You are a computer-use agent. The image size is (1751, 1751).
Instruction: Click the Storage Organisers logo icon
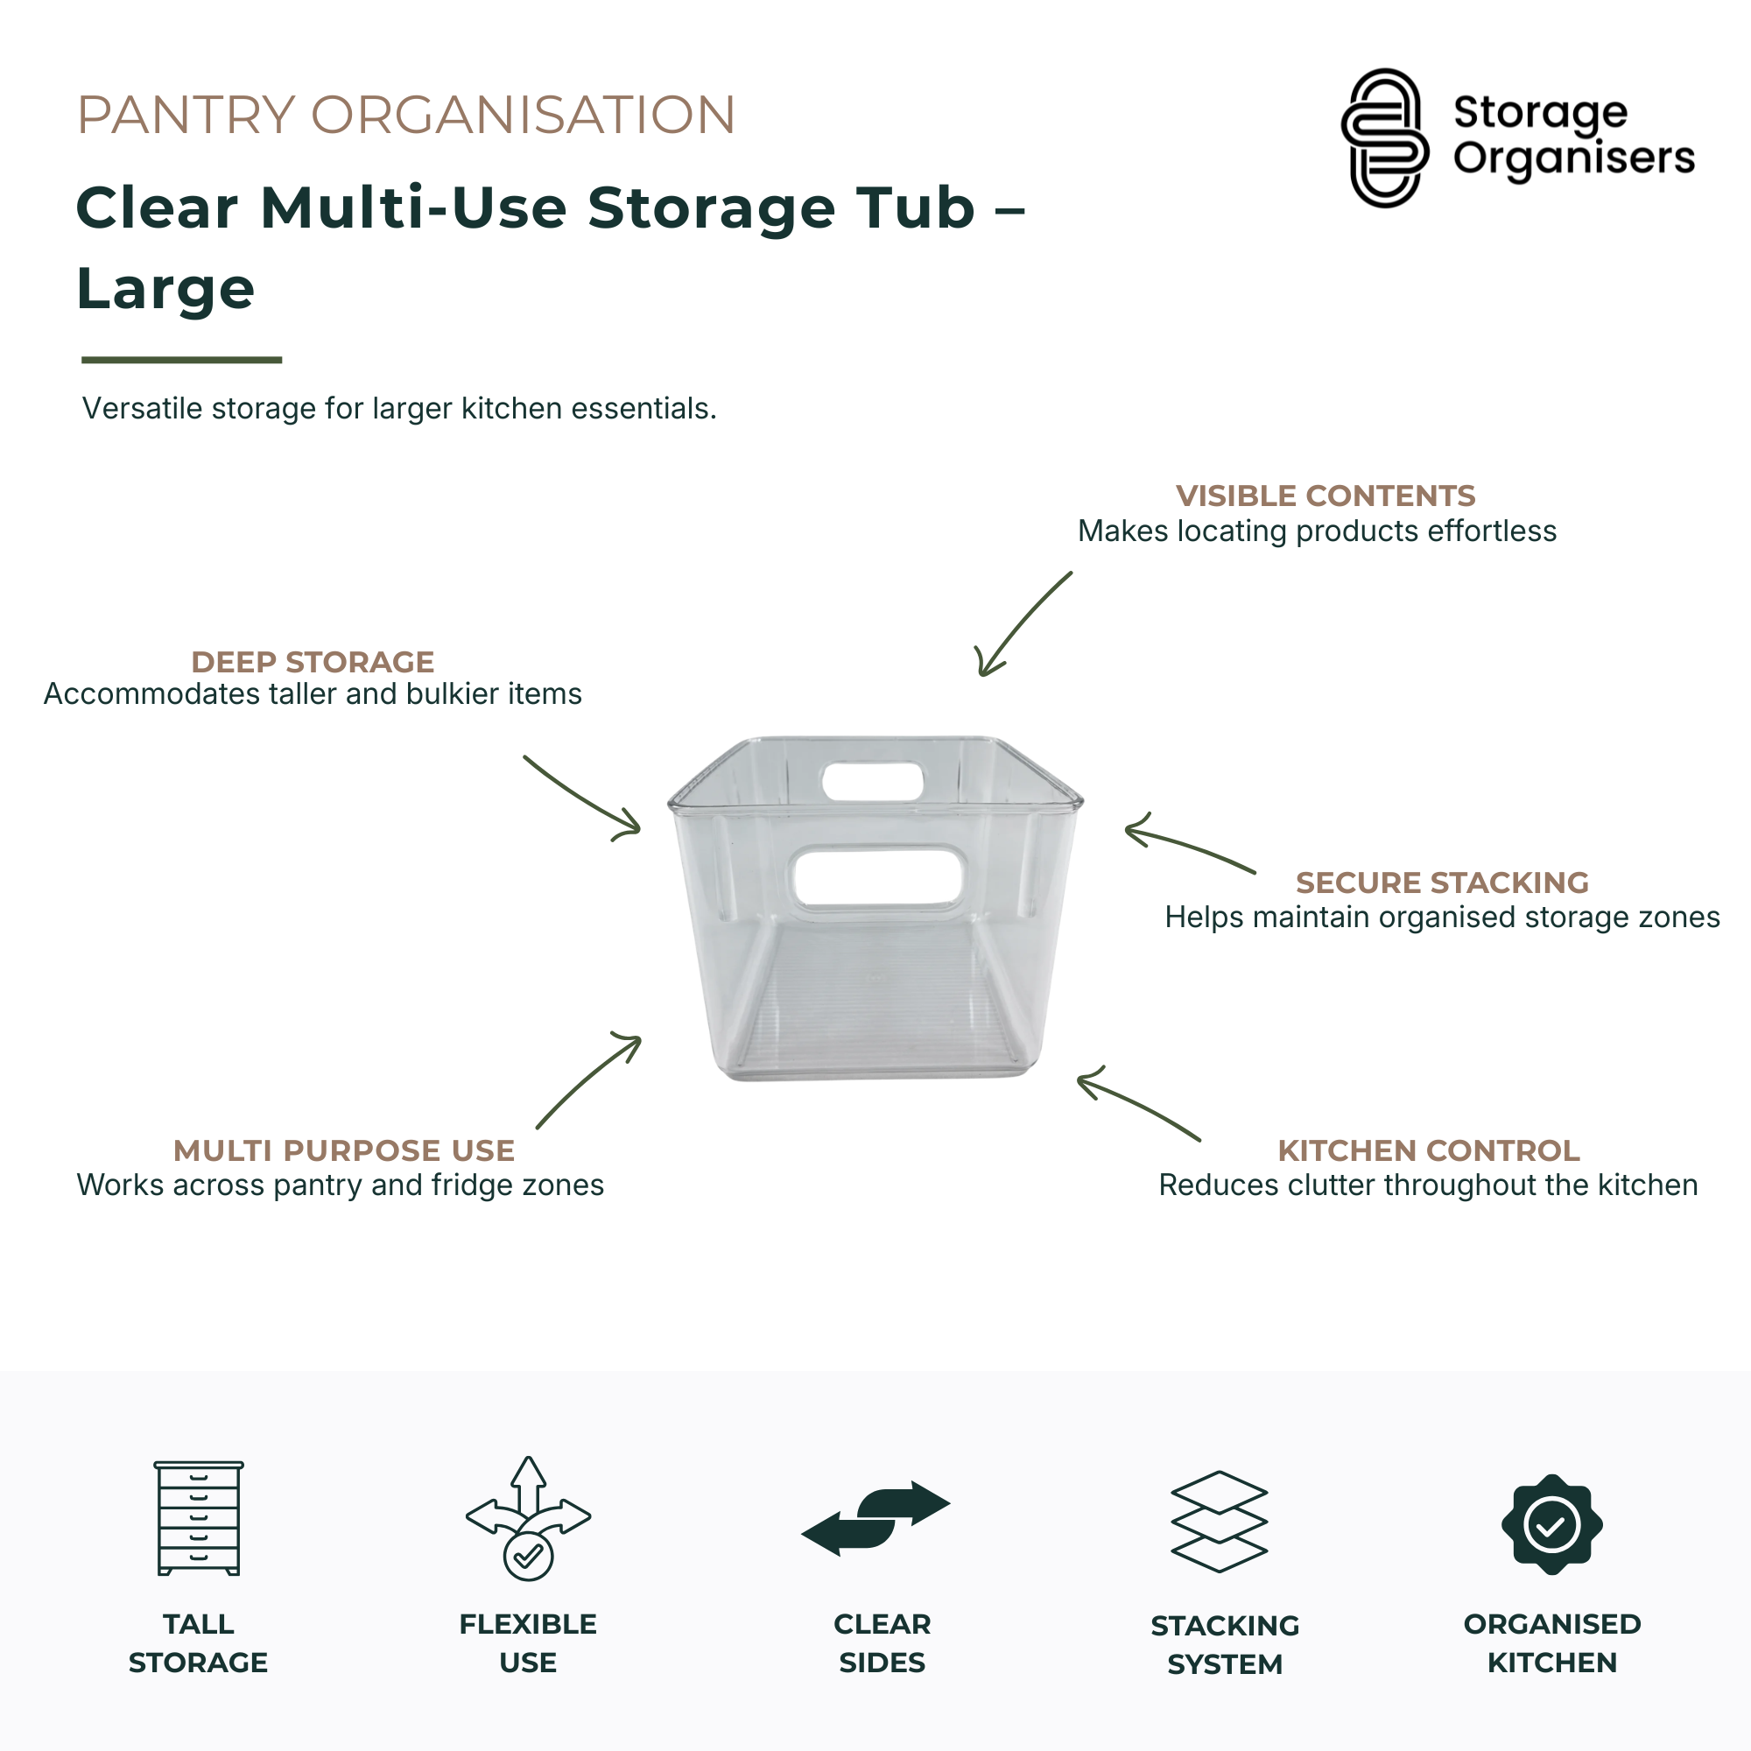click(1385, 137)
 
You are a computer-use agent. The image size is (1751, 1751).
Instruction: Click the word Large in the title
click(165, 288)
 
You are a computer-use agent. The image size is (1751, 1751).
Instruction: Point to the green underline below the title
click(181, 360)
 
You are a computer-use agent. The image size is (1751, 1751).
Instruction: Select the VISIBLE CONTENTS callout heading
click(1326, 496)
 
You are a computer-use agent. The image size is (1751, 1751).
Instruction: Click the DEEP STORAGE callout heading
click(313, 662)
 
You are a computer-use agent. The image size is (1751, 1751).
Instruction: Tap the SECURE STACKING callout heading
click(1442, 882)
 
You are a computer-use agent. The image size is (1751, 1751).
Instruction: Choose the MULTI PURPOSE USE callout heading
click(343, 1150)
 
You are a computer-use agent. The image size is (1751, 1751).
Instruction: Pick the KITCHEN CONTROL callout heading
click(1428, 1150)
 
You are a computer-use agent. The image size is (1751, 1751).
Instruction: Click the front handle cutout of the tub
click(876, 877)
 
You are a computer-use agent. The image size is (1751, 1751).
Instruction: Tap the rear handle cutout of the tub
click(872, 781)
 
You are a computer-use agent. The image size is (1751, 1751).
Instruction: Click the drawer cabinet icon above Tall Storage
click(199, 1518)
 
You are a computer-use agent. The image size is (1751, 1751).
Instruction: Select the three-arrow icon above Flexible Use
click(529, 1518)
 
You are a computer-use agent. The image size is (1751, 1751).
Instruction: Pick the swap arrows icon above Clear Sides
click(875, 1519)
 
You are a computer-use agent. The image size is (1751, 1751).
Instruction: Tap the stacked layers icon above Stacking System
click(1219, 1522)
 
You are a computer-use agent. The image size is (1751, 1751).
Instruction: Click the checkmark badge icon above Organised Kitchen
click(1551, 1524)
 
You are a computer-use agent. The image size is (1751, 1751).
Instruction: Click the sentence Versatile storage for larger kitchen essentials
click(400, 409)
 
